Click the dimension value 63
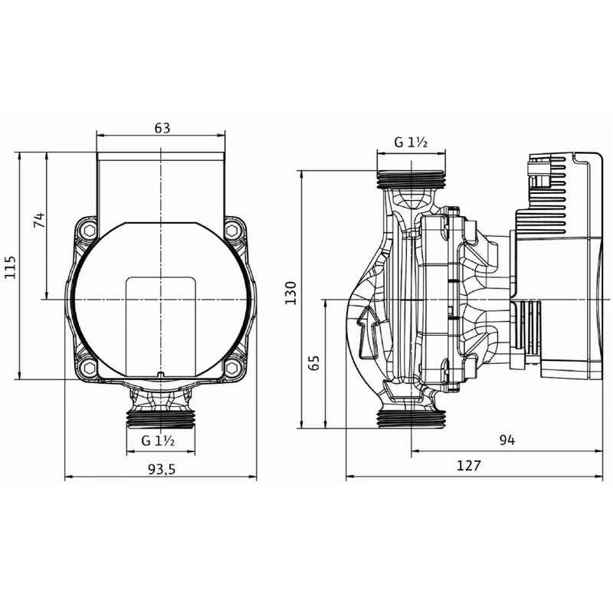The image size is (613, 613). coord(162,128)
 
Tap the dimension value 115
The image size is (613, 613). coord(10,266)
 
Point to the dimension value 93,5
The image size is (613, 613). coord(162,470)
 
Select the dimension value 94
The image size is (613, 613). coord(507,441)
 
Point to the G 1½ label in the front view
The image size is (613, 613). coord(160,441)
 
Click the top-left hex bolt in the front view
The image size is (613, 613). coord(90,229)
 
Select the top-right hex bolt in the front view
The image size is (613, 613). coord(232,229)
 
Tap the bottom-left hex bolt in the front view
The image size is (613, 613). coord(90,366)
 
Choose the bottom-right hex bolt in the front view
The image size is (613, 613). coord(232,366)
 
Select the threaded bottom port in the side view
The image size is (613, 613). coord(412,418)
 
